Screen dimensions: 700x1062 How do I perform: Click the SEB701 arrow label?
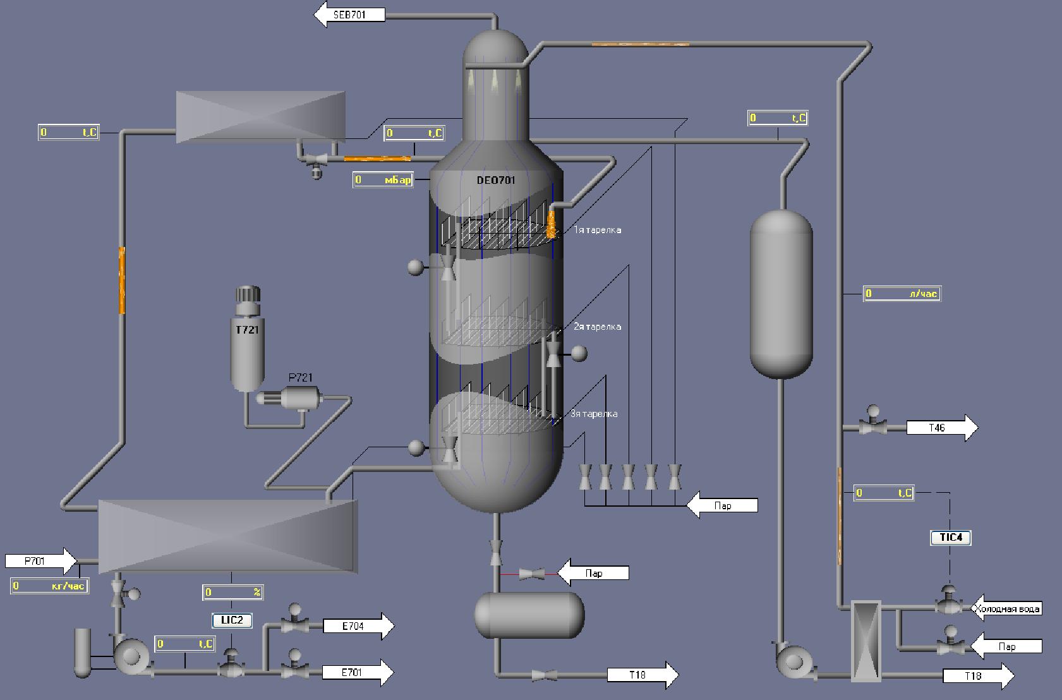(x=350, y=15)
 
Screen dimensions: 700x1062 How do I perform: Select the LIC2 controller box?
(x=232, y=620)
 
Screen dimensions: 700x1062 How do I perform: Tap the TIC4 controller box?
(x=951, y=538)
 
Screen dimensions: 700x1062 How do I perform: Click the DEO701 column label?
(x=496, y=180)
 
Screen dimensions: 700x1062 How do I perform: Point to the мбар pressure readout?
(x=383, y=180)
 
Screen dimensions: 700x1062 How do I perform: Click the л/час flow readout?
(x=902, y=294)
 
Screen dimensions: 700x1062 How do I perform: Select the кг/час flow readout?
(x=49, y=586)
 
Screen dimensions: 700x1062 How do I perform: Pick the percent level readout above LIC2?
(x=232, y=593)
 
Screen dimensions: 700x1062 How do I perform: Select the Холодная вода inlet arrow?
(x=1006, y=609)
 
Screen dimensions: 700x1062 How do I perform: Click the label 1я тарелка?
(x=597, y=230)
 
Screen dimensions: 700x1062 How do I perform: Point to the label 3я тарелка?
(x=594, y=414)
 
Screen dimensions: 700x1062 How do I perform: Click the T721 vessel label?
(x=247, y=330)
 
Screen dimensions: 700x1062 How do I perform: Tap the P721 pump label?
(x=300, y=378)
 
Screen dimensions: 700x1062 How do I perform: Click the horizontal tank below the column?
(x=529, y=615)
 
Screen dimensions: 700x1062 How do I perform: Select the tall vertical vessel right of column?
(x=781, y=294)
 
